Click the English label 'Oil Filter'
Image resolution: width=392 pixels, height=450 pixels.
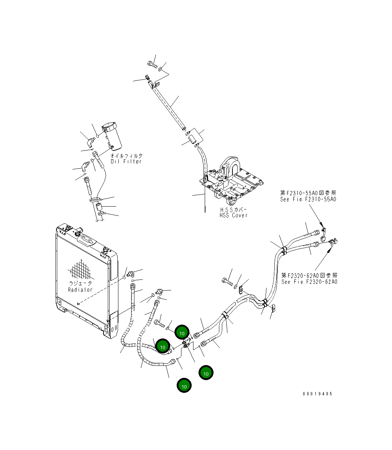(x=126, y=161)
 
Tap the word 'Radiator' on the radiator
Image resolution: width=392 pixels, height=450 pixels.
(x=80, y=290)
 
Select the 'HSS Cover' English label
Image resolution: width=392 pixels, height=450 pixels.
(x=233, y=215)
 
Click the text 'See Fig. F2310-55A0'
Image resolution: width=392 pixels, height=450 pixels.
(x=308, y=199)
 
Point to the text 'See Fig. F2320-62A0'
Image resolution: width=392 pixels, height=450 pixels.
(x=309, y=282)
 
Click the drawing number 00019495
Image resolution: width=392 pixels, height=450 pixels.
(x=317, y=394)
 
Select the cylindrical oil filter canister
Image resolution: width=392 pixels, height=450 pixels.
(x=112, y=137)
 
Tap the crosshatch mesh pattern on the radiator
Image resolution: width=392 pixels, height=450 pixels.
(x=81, y=270)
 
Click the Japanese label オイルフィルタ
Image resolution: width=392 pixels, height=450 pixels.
(x=126, y=155)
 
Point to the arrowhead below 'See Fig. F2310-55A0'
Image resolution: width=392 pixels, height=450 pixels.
(x=321, y=223)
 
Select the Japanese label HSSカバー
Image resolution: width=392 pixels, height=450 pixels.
(x=233, y=210)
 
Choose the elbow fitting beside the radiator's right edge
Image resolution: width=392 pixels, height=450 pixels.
(x=130, y=273)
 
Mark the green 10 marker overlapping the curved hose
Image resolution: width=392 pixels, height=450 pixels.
(x=162, y=347)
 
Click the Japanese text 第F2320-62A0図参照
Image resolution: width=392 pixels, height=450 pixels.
(x=309, y=275)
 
